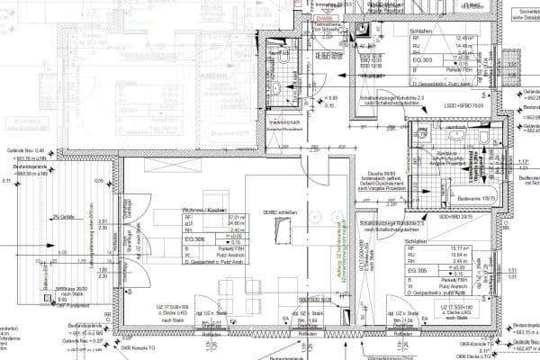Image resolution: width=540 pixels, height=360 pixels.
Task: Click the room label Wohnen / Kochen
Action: pyautogui.click(x=202, y=209)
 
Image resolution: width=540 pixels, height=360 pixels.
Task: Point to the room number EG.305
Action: pyautogui.click(x=418, y=270)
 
